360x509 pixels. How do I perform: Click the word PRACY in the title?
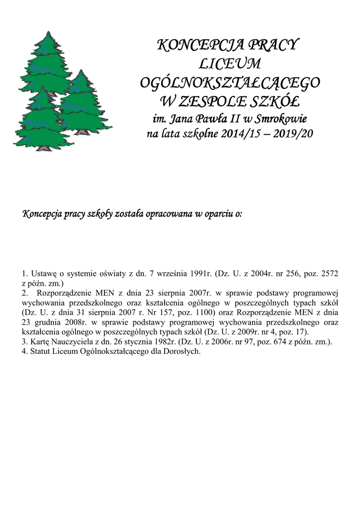271,46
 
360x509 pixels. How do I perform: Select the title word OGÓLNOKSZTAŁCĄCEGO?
230,83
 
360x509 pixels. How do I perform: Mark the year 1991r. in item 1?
202,274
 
